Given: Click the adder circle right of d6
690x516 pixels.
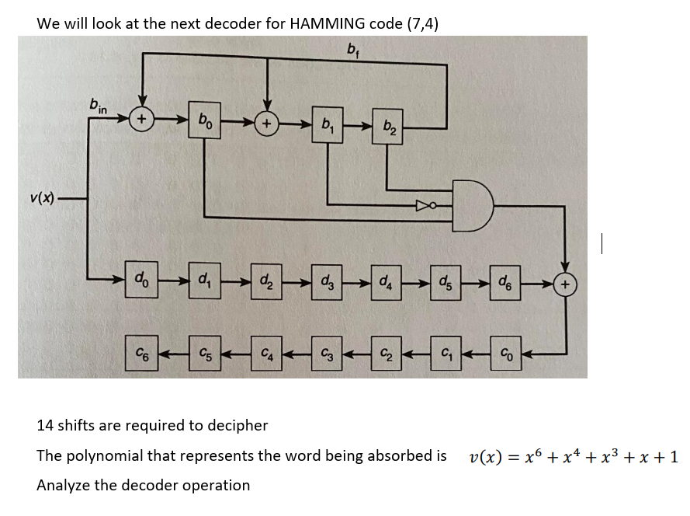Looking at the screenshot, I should [566, 284].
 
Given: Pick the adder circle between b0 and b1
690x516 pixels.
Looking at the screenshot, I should [267, 122].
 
